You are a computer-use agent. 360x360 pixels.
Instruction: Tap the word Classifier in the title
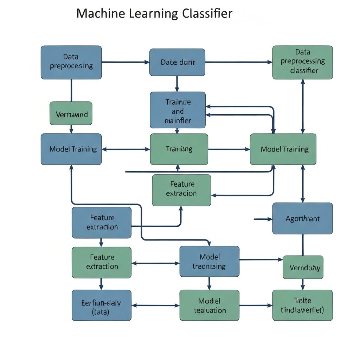207,13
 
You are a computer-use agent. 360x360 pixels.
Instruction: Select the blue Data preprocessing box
71,62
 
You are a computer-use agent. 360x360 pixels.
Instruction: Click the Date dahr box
177,62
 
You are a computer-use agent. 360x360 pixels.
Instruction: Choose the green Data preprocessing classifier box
302,62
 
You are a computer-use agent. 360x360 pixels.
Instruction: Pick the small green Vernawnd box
71,113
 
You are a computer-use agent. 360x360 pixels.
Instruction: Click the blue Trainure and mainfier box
178,110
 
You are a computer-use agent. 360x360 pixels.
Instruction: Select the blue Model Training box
71,149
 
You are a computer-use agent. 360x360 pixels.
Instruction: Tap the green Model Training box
283,149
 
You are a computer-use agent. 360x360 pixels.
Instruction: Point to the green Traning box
179,149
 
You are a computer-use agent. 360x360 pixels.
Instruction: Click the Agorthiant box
302,218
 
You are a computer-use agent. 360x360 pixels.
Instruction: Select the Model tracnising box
209,261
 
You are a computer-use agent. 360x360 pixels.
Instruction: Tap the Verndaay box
303,267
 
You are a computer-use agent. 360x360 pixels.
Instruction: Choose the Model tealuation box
209,305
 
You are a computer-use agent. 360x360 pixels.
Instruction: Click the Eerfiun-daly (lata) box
101,305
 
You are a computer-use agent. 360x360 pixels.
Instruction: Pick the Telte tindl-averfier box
302,305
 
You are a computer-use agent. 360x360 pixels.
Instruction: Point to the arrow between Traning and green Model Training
229,149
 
